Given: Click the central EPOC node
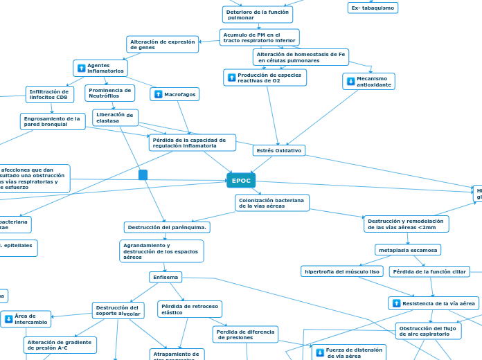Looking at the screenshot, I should click(241, 181).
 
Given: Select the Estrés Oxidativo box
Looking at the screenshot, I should click(279, 150).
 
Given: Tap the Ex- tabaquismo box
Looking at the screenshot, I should click(373, 8).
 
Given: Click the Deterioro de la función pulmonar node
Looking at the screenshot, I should click(258, 15).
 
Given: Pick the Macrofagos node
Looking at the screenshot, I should click(175, 94).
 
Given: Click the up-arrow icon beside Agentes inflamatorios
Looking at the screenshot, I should click(82, 69).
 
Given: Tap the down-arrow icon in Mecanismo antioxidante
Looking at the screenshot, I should click(350, 82).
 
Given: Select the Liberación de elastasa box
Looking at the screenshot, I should click(115, 118).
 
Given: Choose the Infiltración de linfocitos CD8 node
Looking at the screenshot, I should click(50, 94).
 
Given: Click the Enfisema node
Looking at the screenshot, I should click(166, 277).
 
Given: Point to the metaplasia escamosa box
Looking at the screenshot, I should click(407, 249).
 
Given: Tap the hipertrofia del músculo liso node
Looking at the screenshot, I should click(342, 271).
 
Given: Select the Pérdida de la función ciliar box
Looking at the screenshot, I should click(429, 271).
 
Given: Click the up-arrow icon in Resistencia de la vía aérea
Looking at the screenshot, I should click(396, 303).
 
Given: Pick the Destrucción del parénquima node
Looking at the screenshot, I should click(167, 227).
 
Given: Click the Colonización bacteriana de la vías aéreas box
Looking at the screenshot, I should click(272, 203).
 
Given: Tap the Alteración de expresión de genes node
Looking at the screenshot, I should click(162, 44).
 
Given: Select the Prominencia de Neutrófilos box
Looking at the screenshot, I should click(110, 93).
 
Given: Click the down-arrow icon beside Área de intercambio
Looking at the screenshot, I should click(9, 319).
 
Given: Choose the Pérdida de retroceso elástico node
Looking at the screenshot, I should click(190, 309).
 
